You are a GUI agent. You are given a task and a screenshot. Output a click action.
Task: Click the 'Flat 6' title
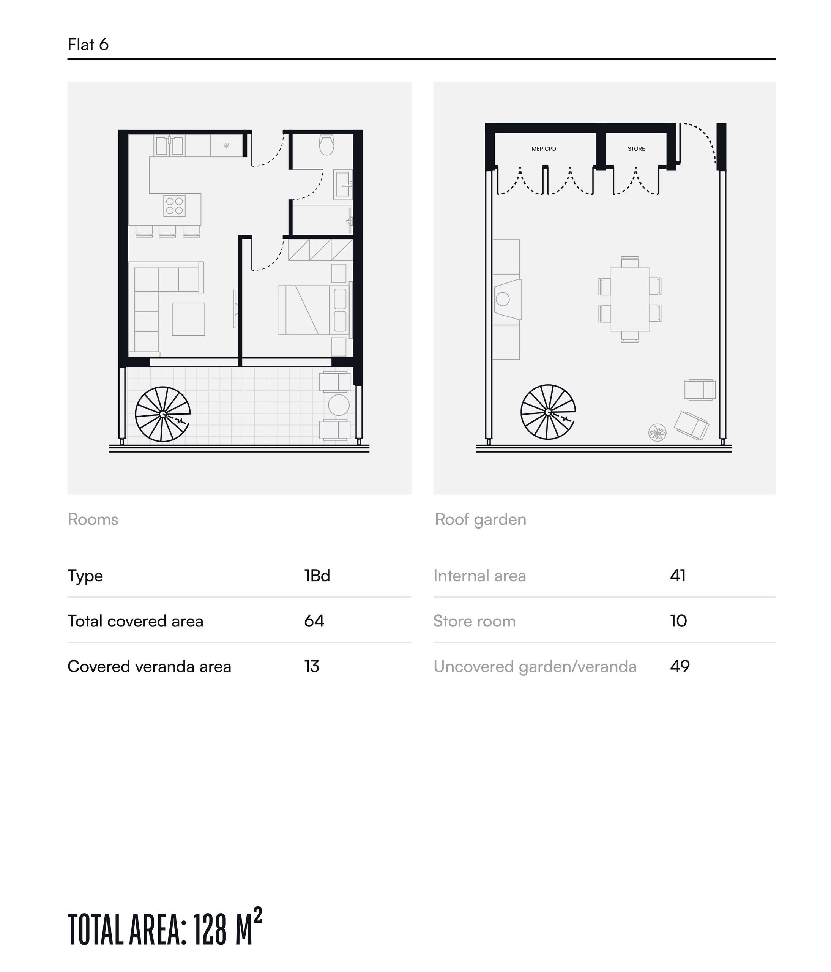(x=88, y=44)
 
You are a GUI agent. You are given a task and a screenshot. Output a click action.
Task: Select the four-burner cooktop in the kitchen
(x=175, y=205)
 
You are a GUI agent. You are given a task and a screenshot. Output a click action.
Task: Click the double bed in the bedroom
(x=313, y=310)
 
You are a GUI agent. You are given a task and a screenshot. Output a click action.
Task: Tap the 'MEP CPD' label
(x=544, y=149)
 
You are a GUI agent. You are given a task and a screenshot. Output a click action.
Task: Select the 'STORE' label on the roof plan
(x=636, y=149)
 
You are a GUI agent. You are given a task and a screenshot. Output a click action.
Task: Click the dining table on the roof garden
(x=630, y=299)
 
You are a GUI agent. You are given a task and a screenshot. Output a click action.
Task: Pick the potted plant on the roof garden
(x=658, y=432)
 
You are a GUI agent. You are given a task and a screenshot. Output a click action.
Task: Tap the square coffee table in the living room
(x=189, y=319)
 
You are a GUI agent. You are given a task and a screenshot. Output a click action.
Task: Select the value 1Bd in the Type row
(x=317, y=576)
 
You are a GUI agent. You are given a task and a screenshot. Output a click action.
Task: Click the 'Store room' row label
(x=475, y=621)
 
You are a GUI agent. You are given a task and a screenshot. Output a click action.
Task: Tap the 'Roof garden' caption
(x=481, y=519)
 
